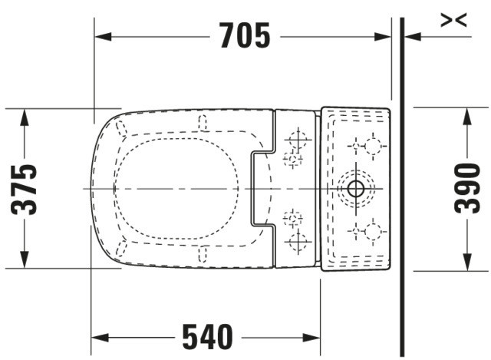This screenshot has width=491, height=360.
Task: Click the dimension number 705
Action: [245, 35]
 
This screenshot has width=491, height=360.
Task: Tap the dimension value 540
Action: [208, 337]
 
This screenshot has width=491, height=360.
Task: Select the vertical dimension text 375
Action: [24, 190]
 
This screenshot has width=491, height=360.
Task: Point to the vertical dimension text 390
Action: [467, 188]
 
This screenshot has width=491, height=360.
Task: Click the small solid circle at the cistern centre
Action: [355, 189]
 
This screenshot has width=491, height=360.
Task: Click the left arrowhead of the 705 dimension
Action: [103, 37]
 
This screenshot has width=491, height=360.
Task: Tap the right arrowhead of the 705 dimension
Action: [383, 37]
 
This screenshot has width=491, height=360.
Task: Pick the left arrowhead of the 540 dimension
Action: [100, 338]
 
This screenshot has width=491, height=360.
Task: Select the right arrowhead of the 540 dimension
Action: [311, 338]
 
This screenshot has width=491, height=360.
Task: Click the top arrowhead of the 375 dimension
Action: [24, 117]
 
